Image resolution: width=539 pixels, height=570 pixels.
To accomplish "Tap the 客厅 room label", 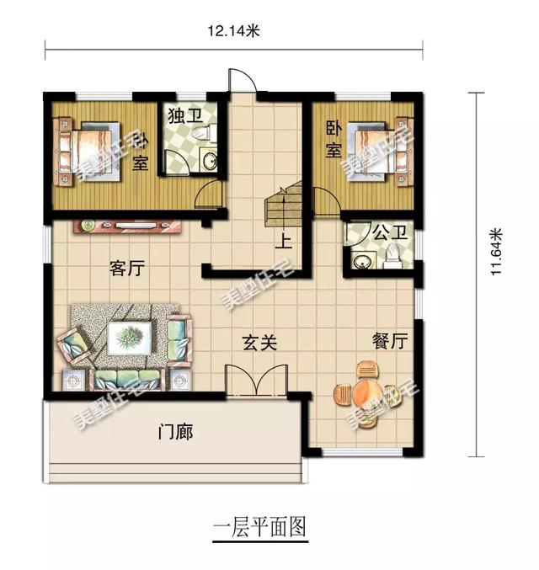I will click(127, 269).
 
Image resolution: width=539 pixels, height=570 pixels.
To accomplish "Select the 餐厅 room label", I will click(389, 341).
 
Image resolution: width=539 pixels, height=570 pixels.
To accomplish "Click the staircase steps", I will click(281, 208).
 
